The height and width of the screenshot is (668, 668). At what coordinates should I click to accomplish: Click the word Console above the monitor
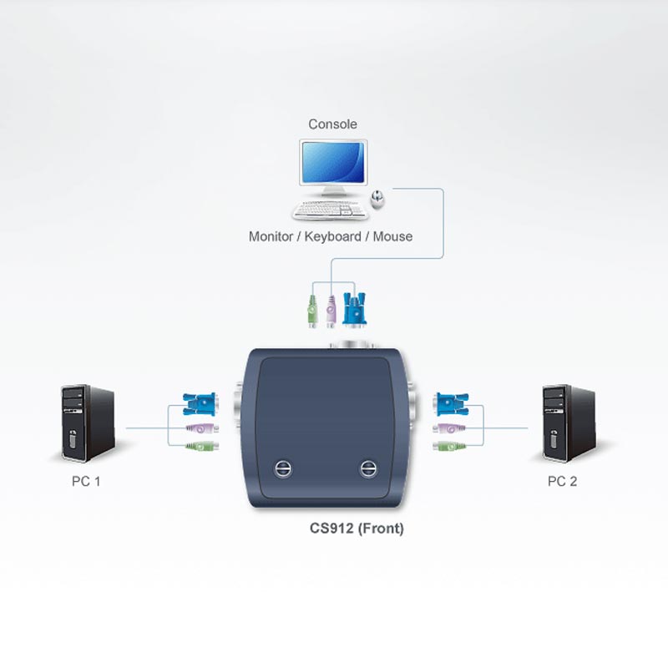[x=332, y=124]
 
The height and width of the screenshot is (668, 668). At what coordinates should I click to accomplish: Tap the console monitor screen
[x=333, y=162]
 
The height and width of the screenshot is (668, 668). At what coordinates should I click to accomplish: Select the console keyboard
[x=330, y=210]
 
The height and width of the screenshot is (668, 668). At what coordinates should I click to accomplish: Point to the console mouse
[x=377, y=199]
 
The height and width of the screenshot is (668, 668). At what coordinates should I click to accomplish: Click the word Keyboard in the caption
[x=332, y=236]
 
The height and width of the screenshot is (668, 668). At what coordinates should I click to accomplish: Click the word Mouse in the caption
[x=392, y=236]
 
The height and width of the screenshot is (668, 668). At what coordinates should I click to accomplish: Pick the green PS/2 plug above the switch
[x=312, y=310]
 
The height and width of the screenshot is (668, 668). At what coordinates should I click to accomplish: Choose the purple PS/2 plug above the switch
[x=331, y=311]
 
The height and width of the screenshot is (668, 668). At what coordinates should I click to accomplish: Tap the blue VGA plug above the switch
[x=354, y=309]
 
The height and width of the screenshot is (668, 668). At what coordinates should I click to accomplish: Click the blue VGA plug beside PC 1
[x=200, y=404]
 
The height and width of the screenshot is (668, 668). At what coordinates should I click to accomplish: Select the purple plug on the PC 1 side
[x=202, y=428]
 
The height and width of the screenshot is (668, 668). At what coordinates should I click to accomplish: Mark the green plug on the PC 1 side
[x=202, y=446]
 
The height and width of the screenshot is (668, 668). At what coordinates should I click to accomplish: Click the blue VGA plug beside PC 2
[x=452, y=404]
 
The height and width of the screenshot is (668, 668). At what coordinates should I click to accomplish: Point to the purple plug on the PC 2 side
[x=449, y=428]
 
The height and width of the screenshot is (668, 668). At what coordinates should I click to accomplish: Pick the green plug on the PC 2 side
[x=449, y=447]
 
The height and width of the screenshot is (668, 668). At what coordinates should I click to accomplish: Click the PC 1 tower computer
[x=89, y=423]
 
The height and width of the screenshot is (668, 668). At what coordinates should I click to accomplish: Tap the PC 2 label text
[x=562, y=482]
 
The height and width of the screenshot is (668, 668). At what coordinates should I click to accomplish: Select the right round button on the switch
[x=367, y=468]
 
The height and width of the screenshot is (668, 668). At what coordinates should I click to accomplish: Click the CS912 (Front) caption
[x=357, y=529]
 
